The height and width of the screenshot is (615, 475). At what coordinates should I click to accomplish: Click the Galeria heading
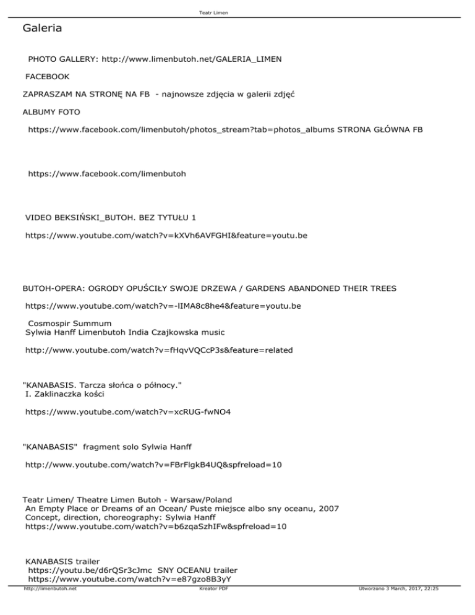pos(41,28)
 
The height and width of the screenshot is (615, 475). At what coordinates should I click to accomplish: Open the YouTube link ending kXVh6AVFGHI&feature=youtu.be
pos(166,236)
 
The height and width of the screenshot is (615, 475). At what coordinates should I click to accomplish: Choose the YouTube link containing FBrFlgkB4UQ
pos(153,463)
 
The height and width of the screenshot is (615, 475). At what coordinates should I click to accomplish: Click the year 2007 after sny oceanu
pos(328,509)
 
